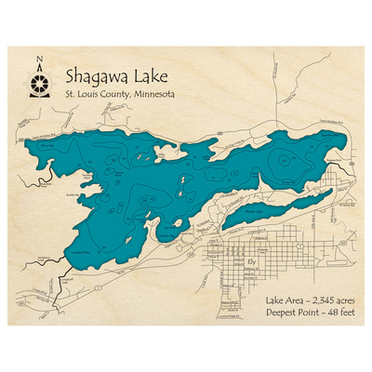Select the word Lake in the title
click(153, 76)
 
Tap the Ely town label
click(251, 261)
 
